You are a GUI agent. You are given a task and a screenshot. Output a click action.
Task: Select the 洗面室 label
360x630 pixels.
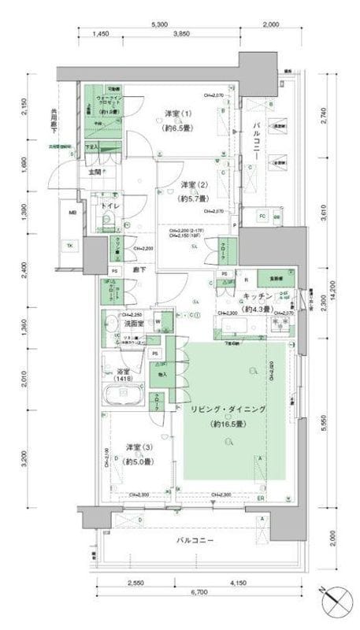click(133, 323)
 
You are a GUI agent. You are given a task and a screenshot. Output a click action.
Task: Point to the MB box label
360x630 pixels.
click(72, 213)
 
